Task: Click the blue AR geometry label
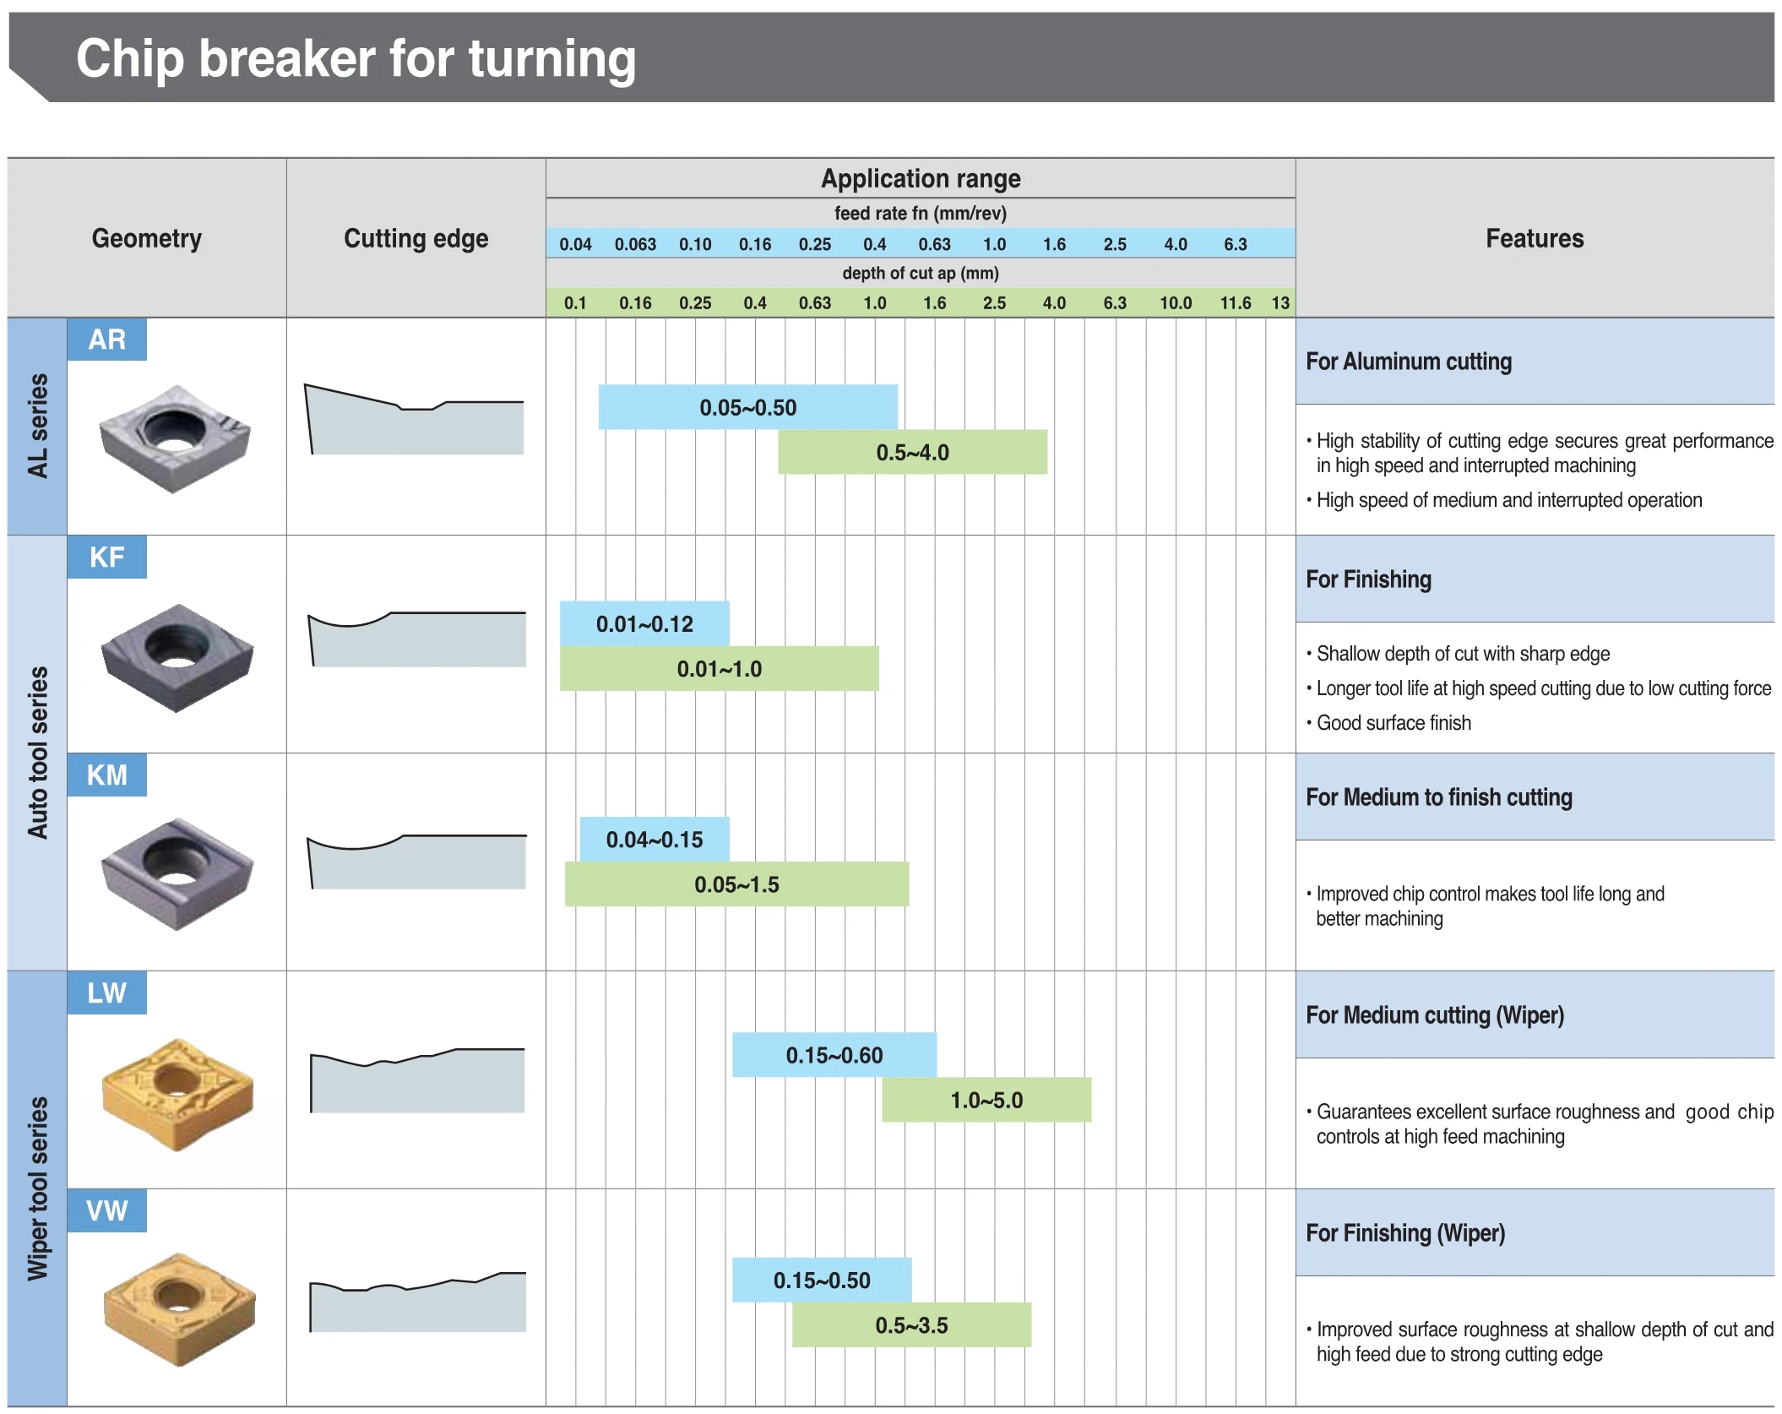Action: click(x=107, y=340)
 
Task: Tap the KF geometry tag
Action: click(x=107, y=557)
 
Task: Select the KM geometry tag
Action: click(x=107, y=775)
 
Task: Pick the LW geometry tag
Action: click(x=107, y=993)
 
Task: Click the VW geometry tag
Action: click(x=107, y=1211)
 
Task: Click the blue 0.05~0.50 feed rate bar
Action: click(x=747, y=407)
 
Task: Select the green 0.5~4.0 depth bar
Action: click(x=912, y=453)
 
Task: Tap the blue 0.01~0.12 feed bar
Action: click(x=644, y=623)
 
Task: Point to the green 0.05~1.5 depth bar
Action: click(x=736, y=884)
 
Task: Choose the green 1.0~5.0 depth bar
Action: click(x=986, y=1100)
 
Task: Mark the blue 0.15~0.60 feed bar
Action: click(x=834, y=1055)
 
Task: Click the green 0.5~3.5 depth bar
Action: click(x=911, y=1325)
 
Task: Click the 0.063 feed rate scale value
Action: click(x=635, y=244)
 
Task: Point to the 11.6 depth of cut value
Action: click(x=1235, y=302)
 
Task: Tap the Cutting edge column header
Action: click(x=416, y=238)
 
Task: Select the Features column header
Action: click(x=1535, y=238)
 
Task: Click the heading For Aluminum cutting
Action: click(x=1409, y=362)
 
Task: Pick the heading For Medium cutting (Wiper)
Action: click(x=1435, y=1015)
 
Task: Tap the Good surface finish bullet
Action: click(x=1394, y=723)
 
